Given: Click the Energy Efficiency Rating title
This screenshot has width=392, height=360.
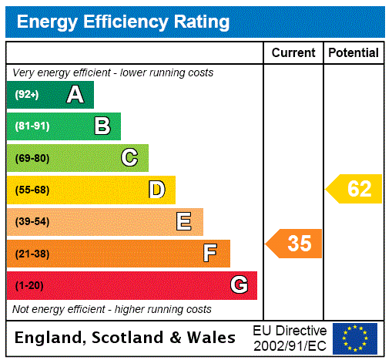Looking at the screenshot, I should (x=123, y=22).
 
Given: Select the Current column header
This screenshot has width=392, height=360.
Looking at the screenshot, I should (x=293, y=52).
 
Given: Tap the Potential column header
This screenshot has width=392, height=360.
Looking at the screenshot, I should (x=353, y=52).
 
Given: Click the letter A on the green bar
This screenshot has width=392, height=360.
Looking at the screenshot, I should (x=75, y=95).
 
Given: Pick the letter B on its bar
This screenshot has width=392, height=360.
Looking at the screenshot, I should (x=102, y=126).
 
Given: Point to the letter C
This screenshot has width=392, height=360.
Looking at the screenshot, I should (x=129, y=158).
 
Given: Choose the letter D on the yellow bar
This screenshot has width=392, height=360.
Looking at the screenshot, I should (x=156, y=190).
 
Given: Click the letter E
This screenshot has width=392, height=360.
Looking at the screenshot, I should (x=184, y=222).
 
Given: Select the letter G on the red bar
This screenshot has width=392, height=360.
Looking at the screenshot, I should (x=239, y=285).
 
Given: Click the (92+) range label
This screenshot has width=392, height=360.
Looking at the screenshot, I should (x=27, y=95).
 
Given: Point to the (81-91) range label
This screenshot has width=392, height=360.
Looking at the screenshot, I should (x=32, y=126).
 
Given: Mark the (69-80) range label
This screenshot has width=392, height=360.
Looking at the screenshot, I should (x=32, y=158).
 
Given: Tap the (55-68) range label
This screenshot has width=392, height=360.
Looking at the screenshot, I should (x=32, y=190).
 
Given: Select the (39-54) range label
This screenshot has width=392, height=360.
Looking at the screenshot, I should (x=32, y=222).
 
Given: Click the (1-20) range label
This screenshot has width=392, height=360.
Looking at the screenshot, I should (x=29, y=285).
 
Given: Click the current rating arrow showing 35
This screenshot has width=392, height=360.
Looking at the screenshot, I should (x=295, y=244).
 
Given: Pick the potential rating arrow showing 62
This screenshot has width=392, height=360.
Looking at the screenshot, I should (x=355, y=189).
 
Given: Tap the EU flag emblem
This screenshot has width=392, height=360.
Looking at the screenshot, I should (x=355, y=338).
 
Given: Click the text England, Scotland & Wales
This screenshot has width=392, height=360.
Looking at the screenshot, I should (x=126, y=338).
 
